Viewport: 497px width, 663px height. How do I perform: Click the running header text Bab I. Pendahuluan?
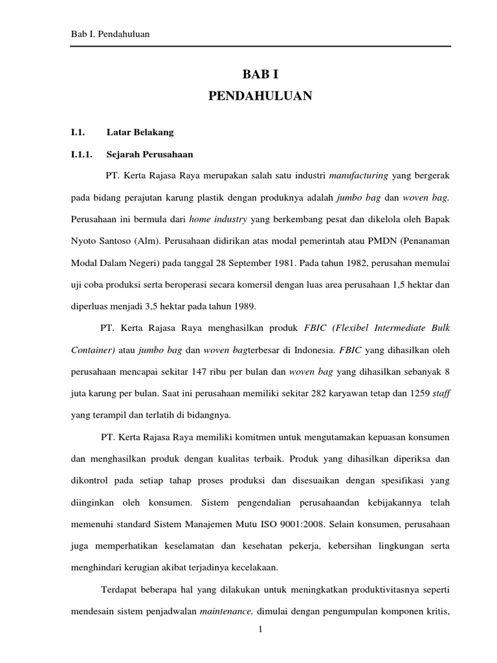coord(110,34)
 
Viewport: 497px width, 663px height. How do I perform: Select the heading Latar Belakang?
coord(140,132)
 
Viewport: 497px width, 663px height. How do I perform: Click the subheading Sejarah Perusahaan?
coord(149,155)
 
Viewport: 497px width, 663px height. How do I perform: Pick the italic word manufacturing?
coord(359,175)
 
